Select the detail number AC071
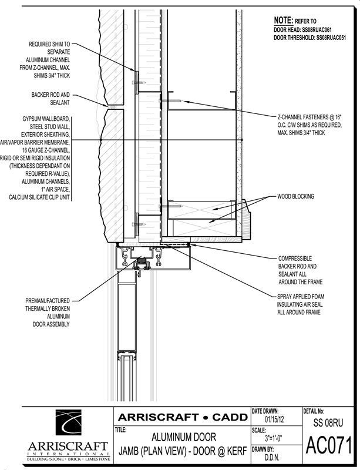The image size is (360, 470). [x=328, y=446]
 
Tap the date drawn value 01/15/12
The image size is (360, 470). [x=274, y=419]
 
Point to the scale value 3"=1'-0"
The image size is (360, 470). [x=272, y=439]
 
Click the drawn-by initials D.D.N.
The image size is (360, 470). [x=272, y=458]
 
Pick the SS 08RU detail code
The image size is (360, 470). [x=328, y=422]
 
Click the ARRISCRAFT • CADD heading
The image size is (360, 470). [x=183, y=417]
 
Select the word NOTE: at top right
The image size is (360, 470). [x=283, y=21]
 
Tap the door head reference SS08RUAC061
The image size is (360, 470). [x=317, y=30]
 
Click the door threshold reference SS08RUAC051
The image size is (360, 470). [x=331, y=38]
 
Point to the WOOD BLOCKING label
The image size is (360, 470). [x=295, y=196]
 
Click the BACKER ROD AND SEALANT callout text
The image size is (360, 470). [x=51, y=99]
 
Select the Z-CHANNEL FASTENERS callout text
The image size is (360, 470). [x=309, y=125]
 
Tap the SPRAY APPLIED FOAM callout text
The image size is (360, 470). [x=301, y=304]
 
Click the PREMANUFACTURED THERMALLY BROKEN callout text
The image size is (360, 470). [x=48, y=313]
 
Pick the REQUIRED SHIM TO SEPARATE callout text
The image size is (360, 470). [x=45, y=60]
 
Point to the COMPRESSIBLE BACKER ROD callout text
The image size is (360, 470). [x=300, y=270]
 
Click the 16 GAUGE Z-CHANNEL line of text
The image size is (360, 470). [x=46, y=150]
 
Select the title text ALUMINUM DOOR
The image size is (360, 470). [x=183, y=437]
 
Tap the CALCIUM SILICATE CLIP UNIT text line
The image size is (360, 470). [x=39, y=197]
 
